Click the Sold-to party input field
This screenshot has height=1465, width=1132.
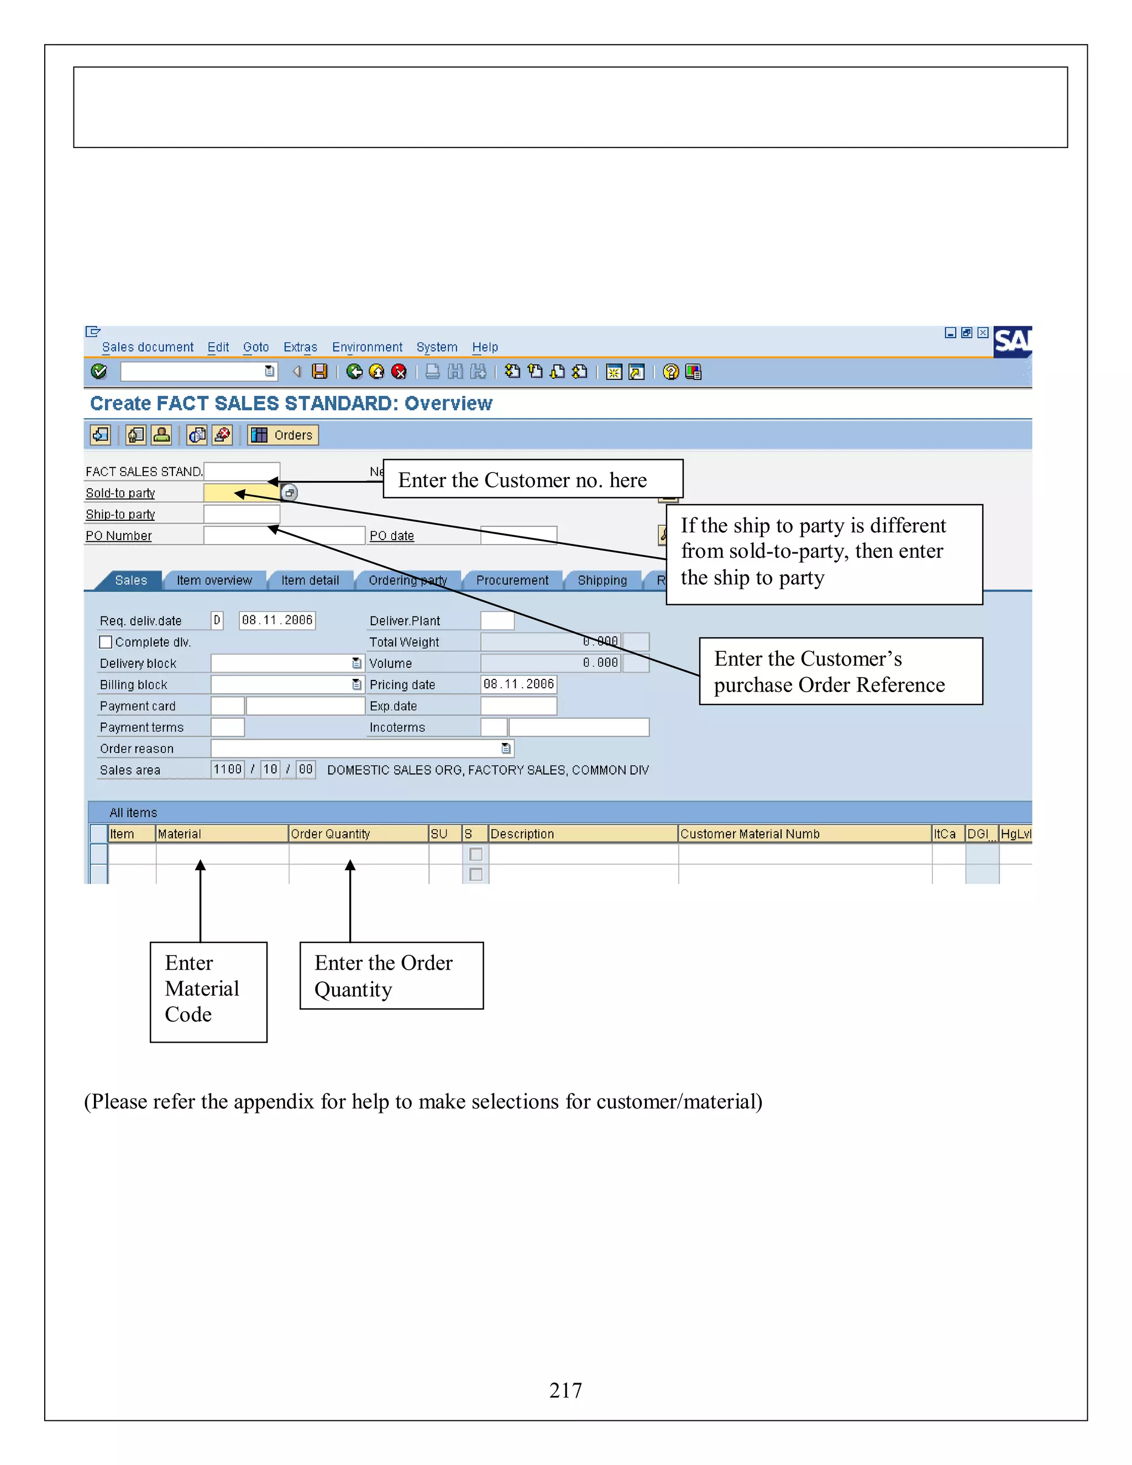pyautogui.click(x=241, y=493)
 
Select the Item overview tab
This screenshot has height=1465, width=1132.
pyautogui.click(x=214, y=580)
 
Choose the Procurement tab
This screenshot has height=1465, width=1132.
pyautogui.click(x=512, y=580)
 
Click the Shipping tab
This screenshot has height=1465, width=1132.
pyautogui.click(x=601, y=580)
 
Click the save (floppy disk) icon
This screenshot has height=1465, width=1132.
pyautogui.click(x=320, y=372)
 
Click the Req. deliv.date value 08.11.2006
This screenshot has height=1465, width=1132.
pyautogui.click(x=277, y=620)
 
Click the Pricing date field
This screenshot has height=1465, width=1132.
pyautogui.click(x=518, y=684)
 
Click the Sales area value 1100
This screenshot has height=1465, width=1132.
pyautogui.click(x=227, y=770)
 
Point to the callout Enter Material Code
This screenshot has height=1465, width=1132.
pyautogui.click(x=208, y=991)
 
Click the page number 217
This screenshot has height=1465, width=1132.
pyautogui.click(x=565, y=1390)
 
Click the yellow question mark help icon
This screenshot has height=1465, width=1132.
pyautogui.click(x=670, y=372)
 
